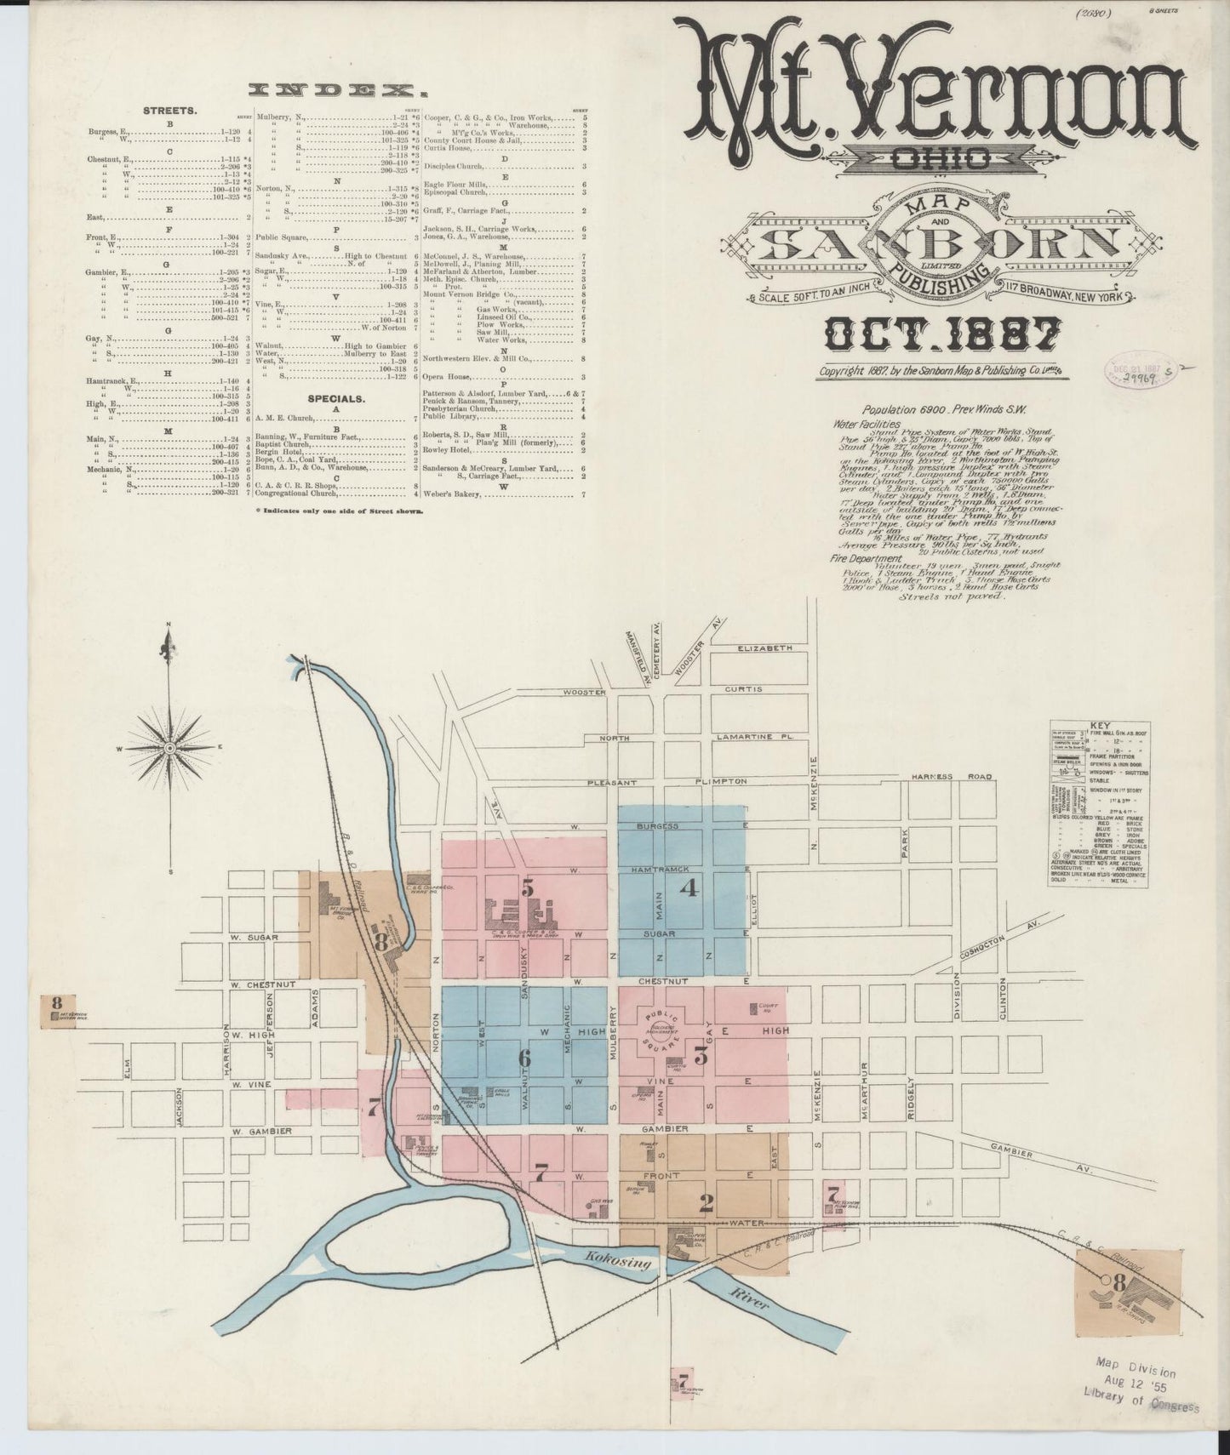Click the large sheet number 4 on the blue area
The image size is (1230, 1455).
click(x=689, y=888)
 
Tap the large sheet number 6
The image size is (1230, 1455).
click(x=525, y=1059)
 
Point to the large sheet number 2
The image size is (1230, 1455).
click(x=706, y=1202)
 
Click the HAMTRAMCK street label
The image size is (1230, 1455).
click(x=659, y=870)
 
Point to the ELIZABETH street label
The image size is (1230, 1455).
click(x=765, y=648)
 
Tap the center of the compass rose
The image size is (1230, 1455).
click(x=169, y=749)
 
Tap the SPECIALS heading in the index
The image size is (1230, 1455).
click(x=336, y=398)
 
